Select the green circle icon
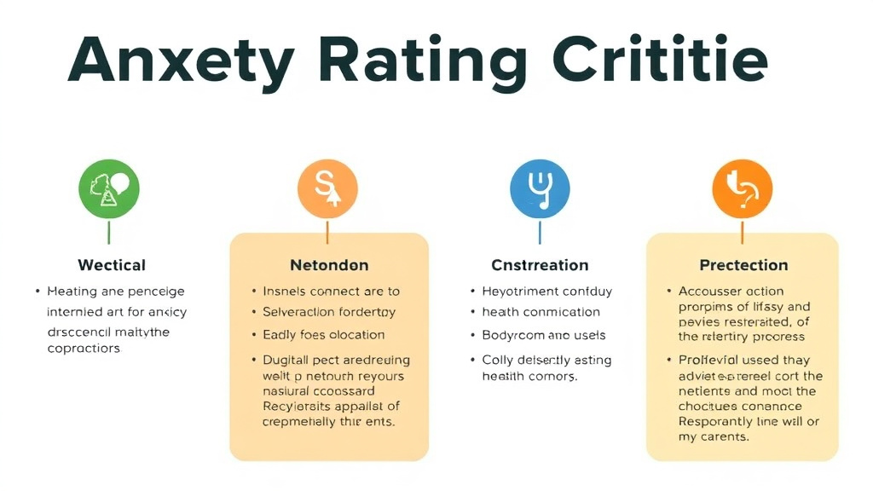coord(108,189)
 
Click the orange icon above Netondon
coord(327,189)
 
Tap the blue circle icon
coord(539,189)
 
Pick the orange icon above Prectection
coord(742,189)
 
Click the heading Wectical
coord(112,265)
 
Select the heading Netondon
coord(329,265)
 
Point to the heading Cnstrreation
coord(540,265)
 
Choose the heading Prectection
coord(743,265)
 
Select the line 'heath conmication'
coord(541,313)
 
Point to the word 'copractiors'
coord(84,349)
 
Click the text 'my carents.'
coord(714,437)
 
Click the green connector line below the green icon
coord(108,232)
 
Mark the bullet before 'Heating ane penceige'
coord(38,292)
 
